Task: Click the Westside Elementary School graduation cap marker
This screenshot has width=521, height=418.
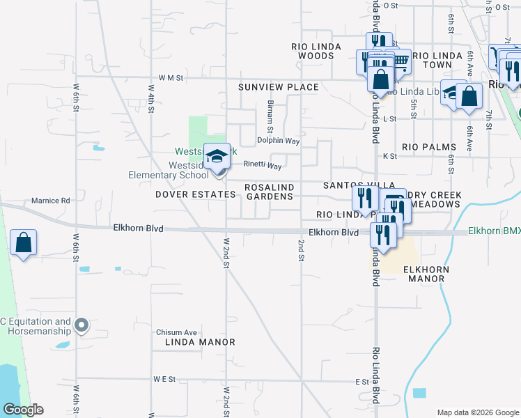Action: pos(217,156)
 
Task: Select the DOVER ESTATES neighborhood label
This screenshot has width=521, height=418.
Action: pos(195,195)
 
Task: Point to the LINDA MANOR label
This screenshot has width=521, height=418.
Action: pos(200,342)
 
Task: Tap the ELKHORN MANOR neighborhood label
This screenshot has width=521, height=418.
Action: pos(424,274)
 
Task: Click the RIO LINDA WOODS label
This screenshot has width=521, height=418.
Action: pos(316,51)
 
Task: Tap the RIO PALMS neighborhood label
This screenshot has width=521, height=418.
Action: pos(429,147)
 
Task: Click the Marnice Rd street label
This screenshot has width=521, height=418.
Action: pos(51,201)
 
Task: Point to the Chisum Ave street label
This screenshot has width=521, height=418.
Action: pos(177,332)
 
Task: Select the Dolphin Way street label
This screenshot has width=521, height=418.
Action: pos(278,141)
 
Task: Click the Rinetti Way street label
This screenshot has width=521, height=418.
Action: pos(262,166)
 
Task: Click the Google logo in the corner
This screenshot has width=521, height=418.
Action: pos(23,410)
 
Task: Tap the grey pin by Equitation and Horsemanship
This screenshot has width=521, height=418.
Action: pos(81,325)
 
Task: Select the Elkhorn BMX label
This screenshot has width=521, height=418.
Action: pos(494,231)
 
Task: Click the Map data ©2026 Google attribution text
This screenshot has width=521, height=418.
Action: pos(477,412)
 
